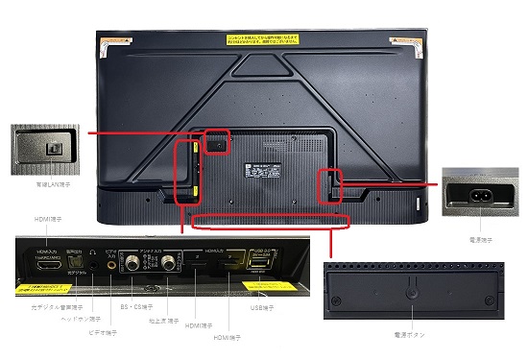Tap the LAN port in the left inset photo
51,148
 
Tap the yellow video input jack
113,260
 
